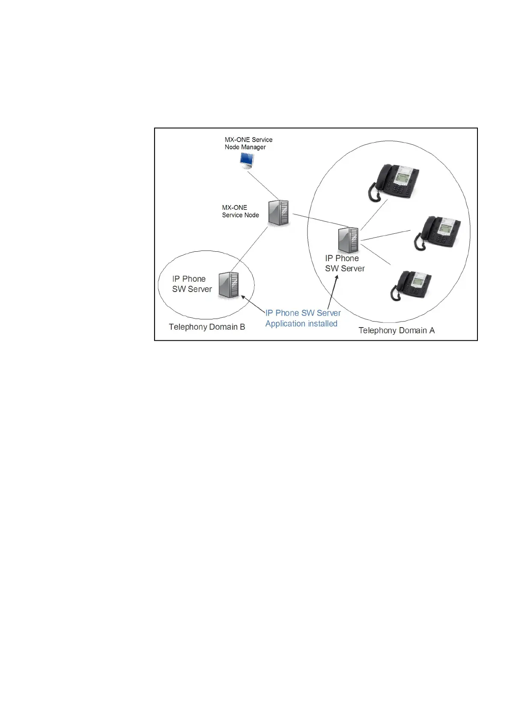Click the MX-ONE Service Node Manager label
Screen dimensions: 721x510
[248, 143]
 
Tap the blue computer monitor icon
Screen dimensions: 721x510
[247, 160]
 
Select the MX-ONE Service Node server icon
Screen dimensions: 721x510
[278, 213]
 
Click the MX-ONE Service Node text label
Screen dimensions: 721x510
[240, 211]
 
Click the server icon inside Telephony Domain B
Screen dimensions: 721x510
[229, 285]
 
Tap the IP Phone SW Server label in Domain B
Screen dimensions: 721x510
[191, 284]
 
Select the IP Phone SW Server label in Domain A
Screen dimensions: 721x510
[344, 263]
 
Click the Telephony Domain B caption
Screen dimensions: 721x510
[207, 327]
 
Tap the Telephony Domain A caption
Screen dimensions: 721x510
[396, 331]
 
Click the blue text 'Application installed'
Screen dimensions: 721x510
[301, 324]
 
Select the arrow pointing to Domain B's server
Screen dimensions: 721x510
[253, 304]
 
